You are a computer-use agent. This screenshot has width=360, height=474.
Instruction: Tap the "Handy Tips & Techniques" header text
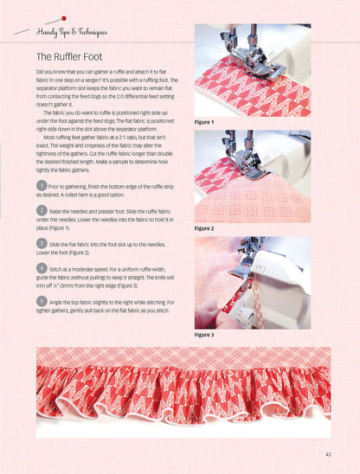click(x=72, y=33)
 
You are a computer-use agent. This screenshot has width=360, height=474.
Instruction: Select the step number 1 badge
click(x=41, y=185)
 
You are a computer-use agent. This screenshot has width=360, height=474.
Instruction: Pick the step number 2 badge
click(x=41, y=210)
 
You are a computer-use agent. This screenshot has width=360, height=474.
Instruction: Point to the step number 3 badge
click(x=41, y=245)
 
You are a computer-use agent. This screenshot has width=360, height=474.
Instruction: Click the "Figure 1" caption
click(x=206, y=122)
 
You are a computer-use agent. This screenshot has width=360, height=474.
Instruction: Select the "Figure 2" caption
click(x=206, y=228)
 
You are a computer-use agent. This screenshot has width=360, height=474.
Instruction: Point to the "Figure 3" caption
click(x=206, y=334)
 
